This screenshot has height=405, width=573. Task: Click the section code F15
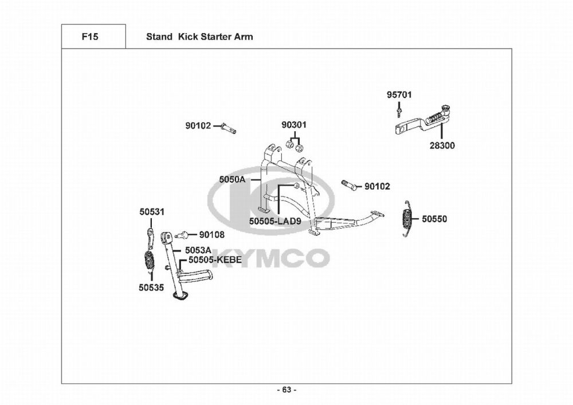click(90, 37)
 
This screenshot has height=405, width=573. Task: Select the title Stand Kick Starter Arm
click(199, 37)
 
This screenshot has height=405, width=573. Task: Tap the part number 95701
click(399, 95)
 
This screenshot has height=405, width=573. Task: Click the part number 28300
click(442, 146)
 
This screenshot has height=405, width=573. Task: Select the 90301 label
click(294, 125)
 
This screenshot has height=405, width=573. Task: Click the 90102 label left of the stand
click(198, 125)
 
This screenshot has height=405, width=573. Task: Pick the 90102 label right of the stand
click(378, 186)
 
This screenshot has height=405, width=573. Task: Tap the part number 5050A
click(232, 179)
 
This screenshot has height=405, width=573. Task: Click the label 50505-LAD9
click(275, 221)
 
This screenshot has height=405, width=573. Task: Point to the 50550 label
click(435, 219)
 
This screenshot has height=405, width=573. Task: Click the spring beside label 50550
click(407, 218)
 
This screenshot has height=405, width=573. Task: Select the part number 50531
click(152, 211)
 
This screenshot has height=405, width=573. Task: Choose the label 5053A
click(198, 250)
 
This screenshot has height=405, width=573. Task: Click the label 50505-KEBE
click(215, 260)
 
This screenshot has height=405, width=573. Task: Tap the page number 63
click(286, 390)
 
